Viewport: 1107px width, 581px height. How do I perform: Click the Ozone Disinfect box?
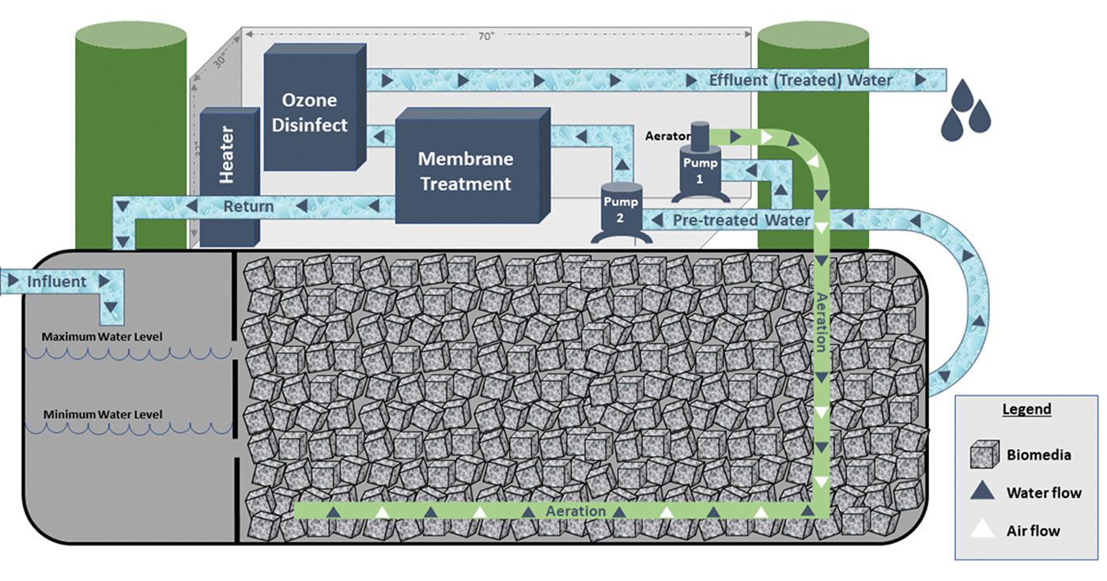click(x=315, y=111)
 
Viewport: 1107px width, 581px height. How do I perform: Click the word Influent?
click(x=57, y=281)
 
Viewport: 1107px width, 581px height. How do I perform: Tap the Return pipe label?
click(x=248, y=207)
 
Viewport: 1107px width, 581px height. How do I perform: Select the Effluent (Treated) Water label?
click(x=800, y=80)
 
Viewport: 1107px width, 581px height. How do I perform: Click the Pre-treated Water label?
click(x=741, y=220)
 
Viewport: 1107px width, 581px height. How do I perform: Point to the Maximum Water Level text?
click(x=103, y=337)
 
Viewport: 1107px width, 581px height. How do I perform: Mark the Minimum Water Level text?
click(x=103, y=414)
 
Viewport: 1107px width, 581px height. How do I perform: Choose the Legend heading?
click(x=1026, y=409)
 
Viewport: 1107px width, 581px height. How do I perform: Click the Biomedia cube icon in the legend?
click(x=984, y=455)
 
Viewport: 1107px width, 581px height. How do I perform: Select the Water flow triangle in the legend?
click(x=983, y=492)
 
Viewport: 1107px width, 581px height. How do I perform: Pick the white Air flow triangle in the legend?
click(x=983, y=530)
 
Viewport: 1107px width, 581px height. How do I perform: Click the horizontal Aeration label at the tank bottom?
click(x=576, y=511)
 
